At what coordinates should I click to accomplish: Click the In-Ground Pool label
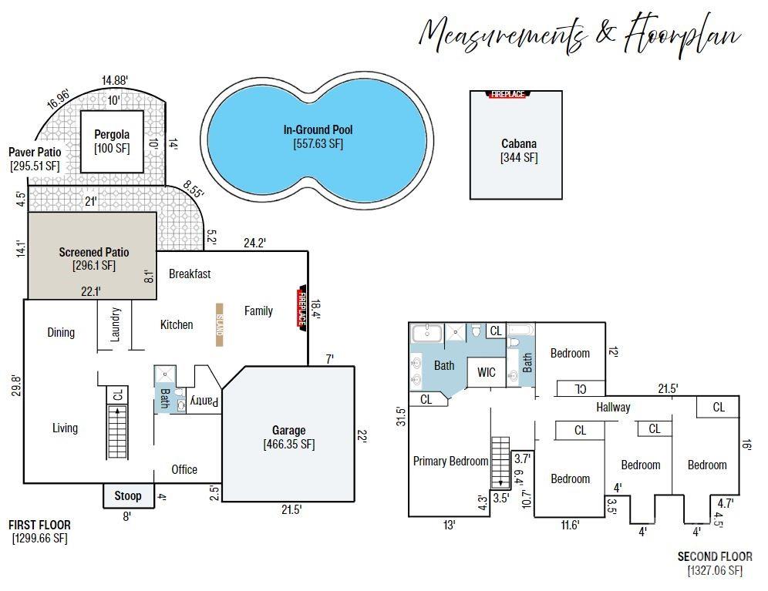(318, 129)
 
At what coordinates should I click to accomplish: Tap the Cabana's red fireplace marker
(508, 94)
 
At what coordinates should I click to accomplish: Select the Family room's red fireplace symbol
(301, 308)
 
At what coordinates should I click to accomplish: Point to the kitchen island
(220, 324)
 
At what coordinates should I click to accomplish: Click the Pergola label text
(112, 134)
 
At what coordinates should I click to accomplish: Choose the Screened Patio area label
(94, 252)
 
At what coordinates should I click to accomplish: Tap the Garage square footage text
(289, 445)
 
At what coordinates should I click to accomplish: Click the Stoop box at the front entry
(128, 495)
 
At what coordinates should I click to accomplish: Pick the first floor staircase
(117, 431)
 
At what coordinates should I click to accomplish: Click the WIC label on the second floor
(487, 373)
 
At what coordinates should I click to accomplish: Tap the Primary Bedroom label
(450, 462)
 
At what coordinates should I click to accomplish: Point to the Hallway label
(613, 408)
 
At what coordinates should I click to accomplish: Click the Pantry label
(204, 401)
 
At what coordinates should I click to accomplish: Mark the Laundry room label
(115, 324)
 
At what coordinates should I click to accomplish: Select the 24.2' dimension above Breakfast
(254, 243)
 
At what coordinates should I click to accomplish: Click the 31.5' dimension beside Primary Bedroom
(401, 416)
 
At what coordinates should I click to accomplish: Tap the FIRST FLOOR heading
(39, 525)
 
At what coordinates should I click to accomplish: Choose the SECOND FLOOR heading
(715, 557)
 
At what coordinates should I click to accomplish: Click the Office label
(184, 469)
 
